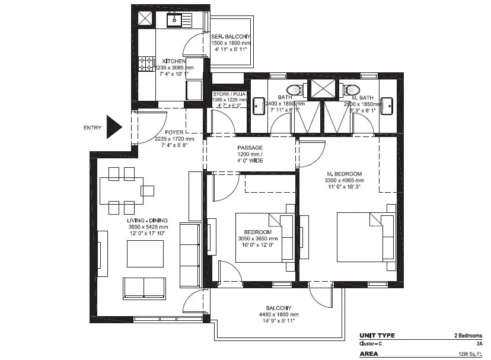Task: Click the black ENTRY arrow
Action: [113, 127]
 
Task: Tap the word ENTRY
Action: [93, 128]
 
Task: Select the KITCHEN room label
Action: [174, 61]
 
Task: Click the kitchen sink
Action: [175, 21]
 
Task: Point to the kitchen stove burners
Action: [146, 63]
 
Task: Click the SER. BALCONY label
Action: [232, 37]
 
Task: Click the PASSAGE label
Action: [250, 148]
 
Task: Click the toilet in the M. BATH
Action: [348, 90]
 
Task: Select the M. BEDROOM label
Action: [344, 173]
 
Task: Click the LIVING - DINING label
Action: [148, 220]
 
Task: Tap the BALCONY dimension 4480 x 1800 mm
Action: [278, 314]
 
